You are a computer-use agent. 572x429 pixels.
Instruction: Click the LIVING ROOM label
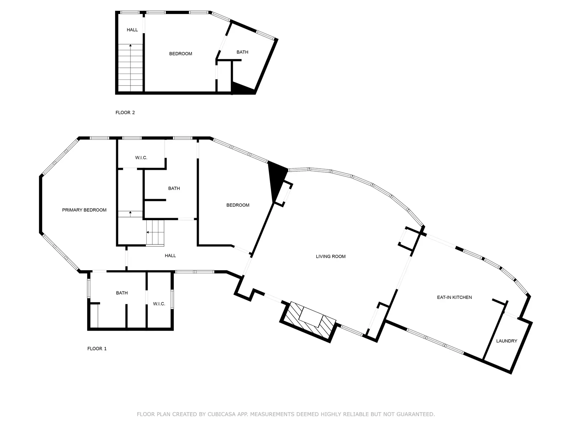click(x=330, y=257)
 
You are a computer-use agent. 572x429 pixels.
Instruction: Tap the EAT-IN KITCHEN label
click(x=454, y=297)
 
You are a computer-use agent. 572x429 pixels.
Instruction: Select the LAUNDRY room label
click(x=506, y=341)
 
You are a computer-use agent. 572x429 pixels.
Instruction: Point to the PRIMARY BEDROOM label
click(x=84, y=210)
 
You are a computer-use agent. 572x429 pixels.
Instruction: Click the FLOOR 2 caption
click(x=125, y=113)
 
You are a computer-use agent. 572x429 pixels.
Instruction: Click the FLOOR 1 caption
click(x=97, y=349)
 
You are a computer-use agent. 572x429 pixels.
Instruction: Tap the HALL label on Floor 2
click(x=132, y=30)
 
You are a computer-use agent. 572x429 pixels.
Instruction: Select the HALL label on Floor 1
click(x=170, y=256)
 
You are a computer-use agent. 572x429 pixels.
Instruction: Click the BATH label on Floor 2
click(x=242, y=52)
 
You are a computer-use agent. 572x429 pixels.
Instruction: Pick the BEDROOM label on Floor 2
click(x=181, y=54)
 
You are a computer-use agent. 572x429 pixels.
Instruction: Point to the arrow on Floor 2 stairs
click(x=130, y=68)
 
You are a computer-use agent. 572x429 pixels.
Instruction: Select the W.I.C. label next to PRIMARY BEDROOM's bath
click(x=159, y=304)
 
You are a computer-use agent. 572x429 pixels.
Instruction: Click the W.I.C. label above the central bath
click(x=141, y=158)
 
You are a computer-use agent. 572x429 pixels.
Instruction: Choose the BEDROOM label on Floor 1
click(x=238, y=205)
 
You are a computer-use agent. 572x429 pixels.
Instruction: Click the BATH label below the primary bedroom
click(x=122, y=293)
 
